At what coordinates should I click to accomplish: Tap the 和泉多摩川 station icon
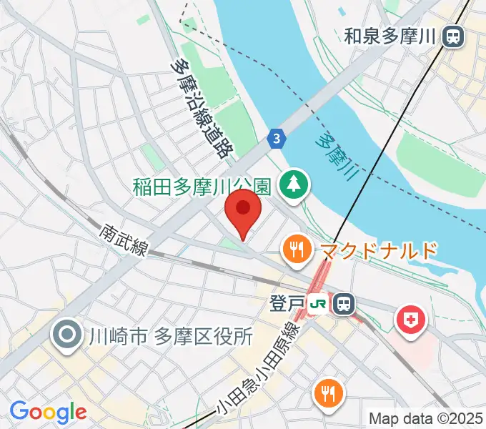452,36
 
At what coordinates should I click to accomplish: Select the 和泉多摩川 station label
390,36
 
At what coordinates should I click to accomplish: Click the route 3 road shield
276,139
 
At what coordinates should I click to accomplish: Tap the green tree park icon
293,186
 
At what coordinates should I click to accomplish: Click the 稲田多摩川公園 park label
202,187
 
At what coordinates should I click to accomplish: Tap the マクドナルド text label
378,250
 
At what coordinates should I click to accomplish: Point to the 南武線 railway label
123,240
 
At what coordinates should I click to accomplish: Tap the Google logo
48,412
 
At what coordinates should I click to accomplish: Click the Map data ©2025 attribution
426,418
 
